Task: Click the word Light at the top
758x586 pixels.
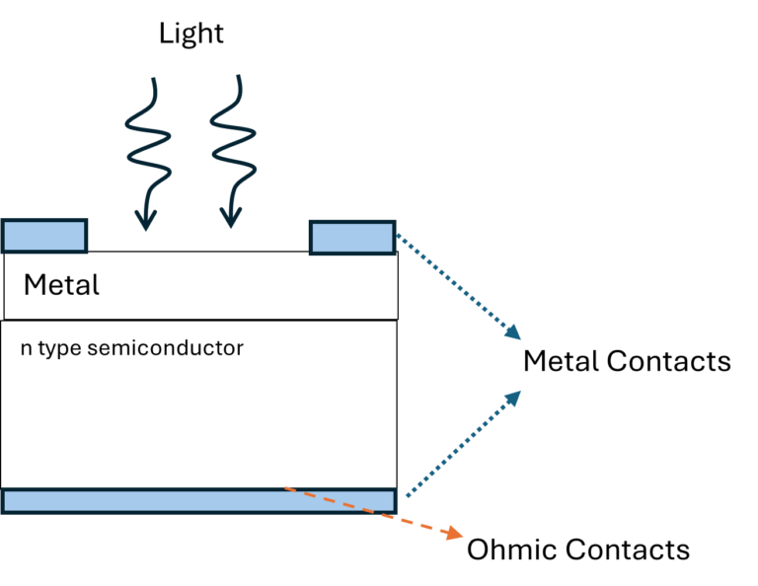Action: [x=191, y=34]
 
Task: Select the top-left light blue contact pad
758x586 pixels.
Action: [x=44, y=237]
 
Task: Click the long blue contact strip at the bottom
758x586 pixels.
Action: [x=198, y=500]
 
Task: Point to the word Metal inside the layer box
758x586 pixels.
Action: [x=61, y=286]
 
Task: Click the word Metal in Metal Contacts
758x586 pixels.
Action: [x=561, y=361]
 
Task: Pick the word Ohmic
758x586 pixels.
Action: [x=507, y=549]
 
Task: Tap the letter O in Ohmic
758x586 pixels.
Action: [x=478, y=549]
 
